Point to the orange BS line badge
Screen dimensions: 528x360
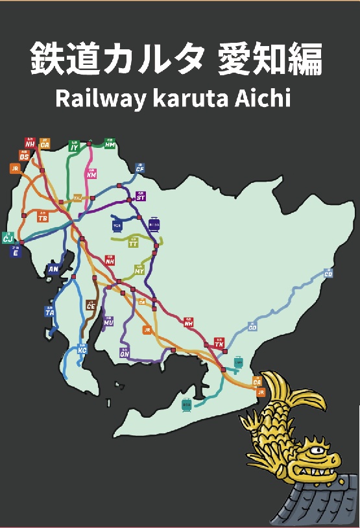(x=24, y=156)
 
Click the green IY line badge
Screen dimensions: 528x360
(x=74, y=147)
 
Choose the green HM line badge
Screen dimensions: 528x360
(x=110, y=144)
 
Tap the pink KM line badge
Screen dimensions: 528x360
(x=91, y=174)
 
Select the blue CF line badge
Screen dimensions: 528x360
(x=139, y=168)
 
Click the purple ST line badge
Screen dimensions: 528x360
(x=141, y=196)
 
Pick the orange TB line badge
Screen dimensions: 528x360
(x=43, y=217)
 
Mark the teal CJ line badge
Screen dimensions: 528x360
(x=8, y=238)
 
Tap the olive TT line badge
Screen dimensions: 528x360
(x=133, y=243)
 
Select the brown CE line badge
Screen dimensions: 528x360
(x=90, y=305)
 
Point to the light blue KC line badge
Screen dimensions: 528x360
(x=82, y=350)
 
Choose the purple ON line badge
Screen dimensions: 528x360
(x=124, y=353)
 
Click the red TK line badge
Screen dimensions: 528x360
(x=219, y=343)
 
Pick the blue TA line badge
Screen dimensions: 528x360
(x=49, y=311)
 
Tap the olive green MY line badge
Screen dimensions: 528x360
(x=139, y=269)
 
